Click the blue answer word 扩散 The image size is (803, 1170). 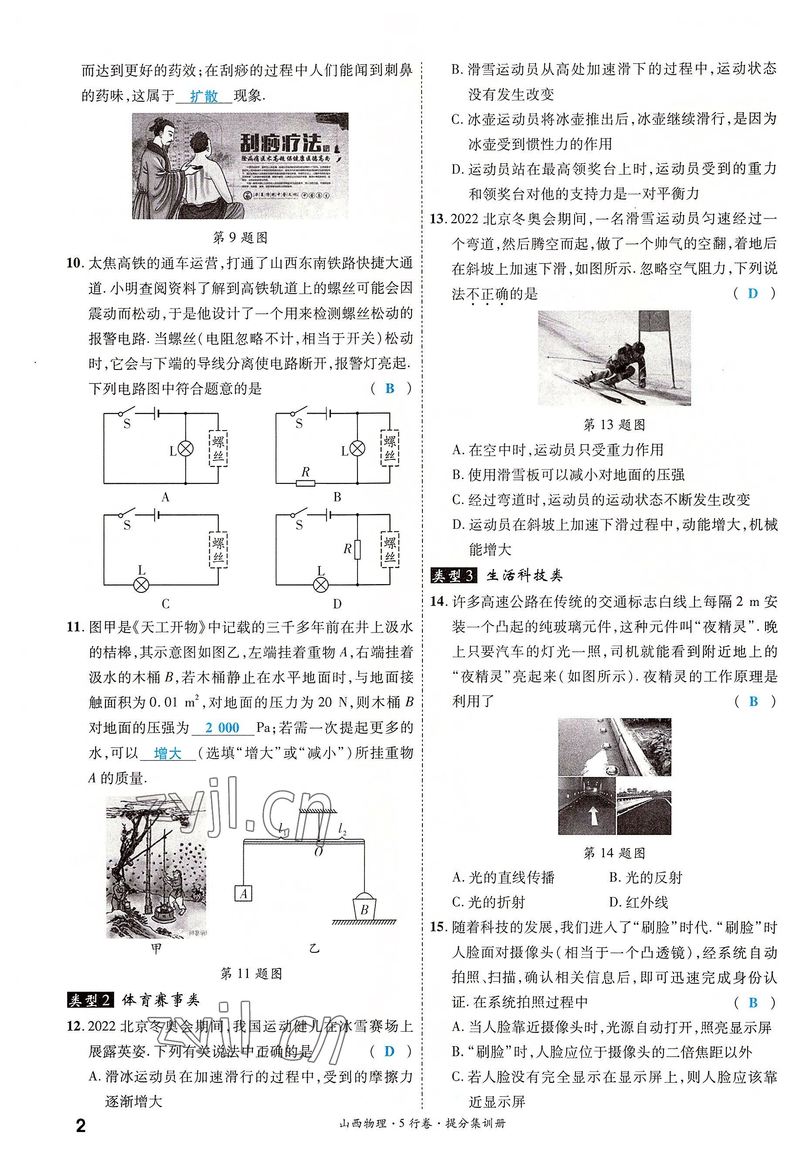click(x=204, y=96)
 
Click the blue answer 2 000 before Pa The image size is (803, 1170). click(x=222, y=728)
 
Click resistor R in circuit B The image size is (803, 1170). click(x=306, y=484)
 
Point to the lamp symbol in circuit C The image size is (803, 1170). click(x=141, y=585)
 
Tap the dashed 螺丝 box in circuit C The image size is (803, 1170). click(x=218, y=549)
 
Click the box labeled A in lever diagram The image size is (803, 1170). click(x=244, y=893)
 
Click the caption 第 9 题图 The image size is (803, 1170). click(x=241, y=238)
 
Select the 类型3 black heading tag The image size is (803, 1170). click(x=453, y=575)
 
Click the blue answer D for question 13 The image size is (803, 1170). click(x=753, y=293)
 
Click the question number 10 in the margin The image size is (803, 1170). click(x=74, y=263)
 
